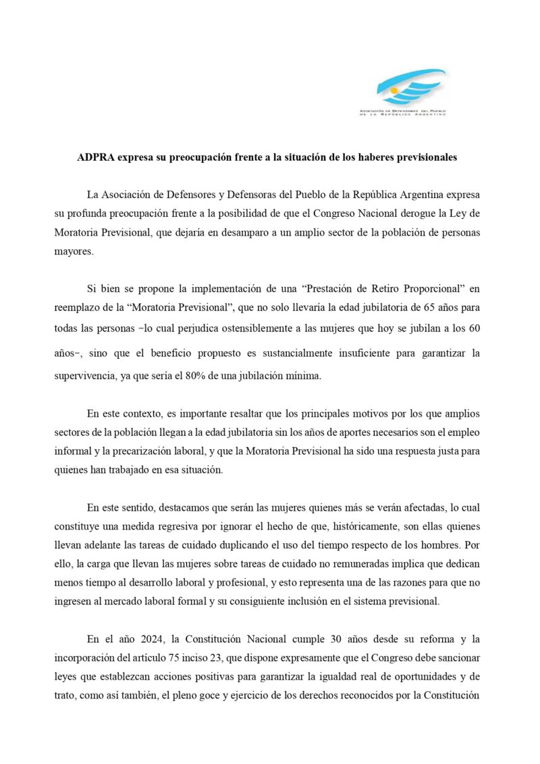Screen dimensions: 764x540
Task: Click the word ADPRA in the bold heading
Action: click(97, 157)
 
